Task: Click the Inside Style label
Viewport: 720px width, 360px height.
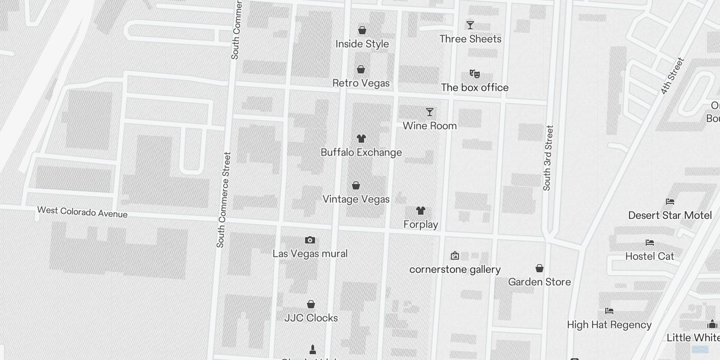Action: click(x=362, y=44)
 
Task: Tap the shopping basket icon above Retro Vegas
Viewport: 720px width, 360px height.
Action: click(x=361, y=70)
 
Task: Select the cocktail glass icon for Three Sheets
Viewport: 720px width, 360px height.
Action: click(x=470, y=25)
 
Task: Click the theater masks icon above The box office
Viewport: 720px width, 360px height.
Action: click(x=474, y=73)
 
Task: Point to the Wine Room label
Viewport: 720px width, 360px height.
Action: click(x=429, y=126)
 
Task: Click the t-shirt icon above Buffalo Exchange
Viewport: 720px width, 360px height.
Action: click(x=361, y=139)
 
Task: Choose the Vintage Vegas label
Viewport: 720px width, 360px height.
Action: click(x=356, y=199)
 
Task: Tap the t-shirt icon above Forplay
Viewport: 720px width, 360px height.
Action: click(x=421, y=211)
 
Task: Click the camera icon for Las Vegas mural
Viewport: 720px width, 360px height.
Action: click(x=310, y=240)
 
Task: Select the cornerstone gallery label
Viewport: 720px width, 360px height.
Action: click(x=454, y=270)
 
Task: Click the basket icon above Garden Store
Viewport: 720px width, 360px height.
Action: click(x=540, y=269)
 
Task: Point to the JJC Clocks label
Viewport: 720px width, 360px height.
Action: click(x=311, y=318)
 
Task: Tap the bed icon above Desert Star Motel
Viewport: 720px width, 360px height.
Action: click(x=670, y=202)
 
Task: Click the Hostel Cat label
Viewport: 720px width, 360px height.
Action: click(x=649, y=256)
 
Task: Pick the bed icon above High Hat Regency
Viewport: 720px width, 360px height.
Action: click(x=609, y=311)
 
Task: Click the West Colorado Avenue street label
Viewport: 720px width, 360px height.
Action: click(x=82, y=212)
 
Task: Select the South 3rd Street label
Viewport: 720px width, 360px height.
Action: click(x=548, y=158)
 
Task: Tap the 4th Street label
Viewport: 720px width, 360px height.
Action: click(x=672, y=76)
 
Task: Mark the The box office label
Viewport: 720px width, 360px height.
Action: click(x=474, y=88)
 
